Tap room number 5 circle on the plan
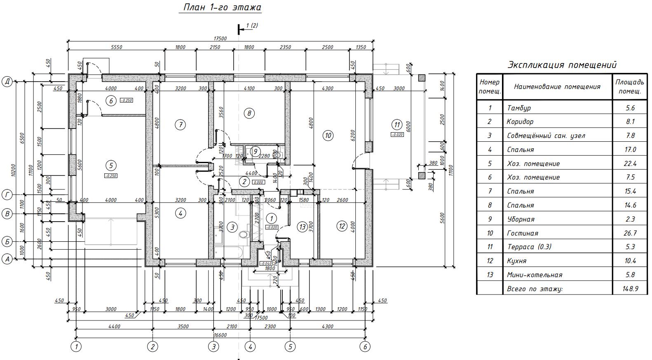111,166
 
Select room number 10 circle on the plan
328,135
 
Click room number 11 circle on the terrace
396,124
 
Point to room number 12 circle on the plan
341,226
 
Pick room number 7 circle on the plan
180,124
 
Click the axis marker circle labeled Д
7,82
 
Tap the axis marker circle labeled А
7,259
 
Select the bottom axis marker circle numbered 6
365,347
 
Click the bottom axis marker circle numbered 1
76,347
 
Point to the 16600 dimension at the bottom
220,335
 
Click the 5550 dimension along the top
117,47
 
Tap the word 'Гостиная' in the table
522,233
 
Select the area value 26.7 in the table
630,233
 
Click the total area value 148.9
630,289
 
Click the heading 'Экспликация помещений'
562,65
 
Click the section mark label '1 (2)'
252,26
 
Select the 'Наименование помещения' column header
557,86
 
